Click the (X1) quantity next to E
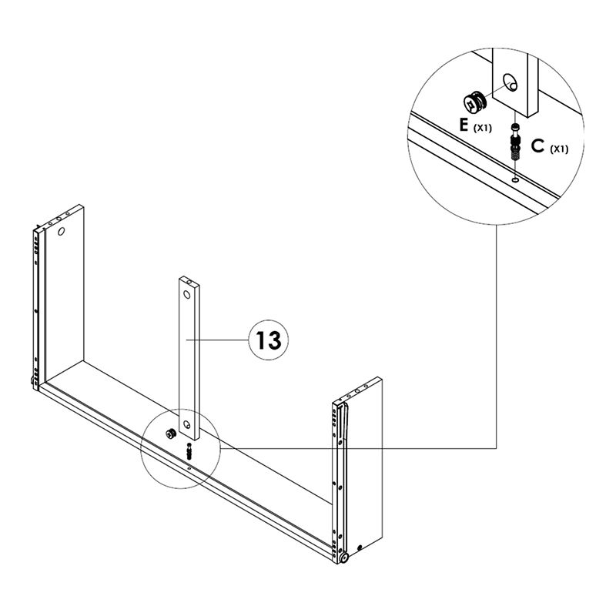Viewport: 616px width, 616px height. point(483,127)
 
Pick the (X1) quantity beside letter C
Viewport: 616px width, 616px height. point(559,149)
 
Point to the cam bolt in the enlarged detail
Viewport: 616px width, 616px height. point(514,141)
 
